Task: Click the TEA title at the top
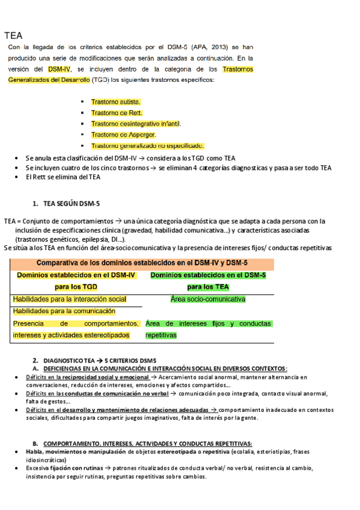[x=13, y=35]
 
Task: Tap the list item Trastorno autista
[x=116, y=102]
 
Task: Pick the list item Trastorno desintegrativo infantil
[x=136, y=124]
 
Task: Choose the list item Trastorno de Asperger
[x=124, y=135]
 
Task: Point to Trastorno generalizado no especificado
[x=148, y=146]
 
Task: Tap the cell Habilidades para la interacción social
[x=70, y=299]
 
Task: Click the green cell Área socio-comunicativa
[x=208, y=299]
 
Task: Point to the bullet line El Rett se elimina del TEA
[x=63, y=177]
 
